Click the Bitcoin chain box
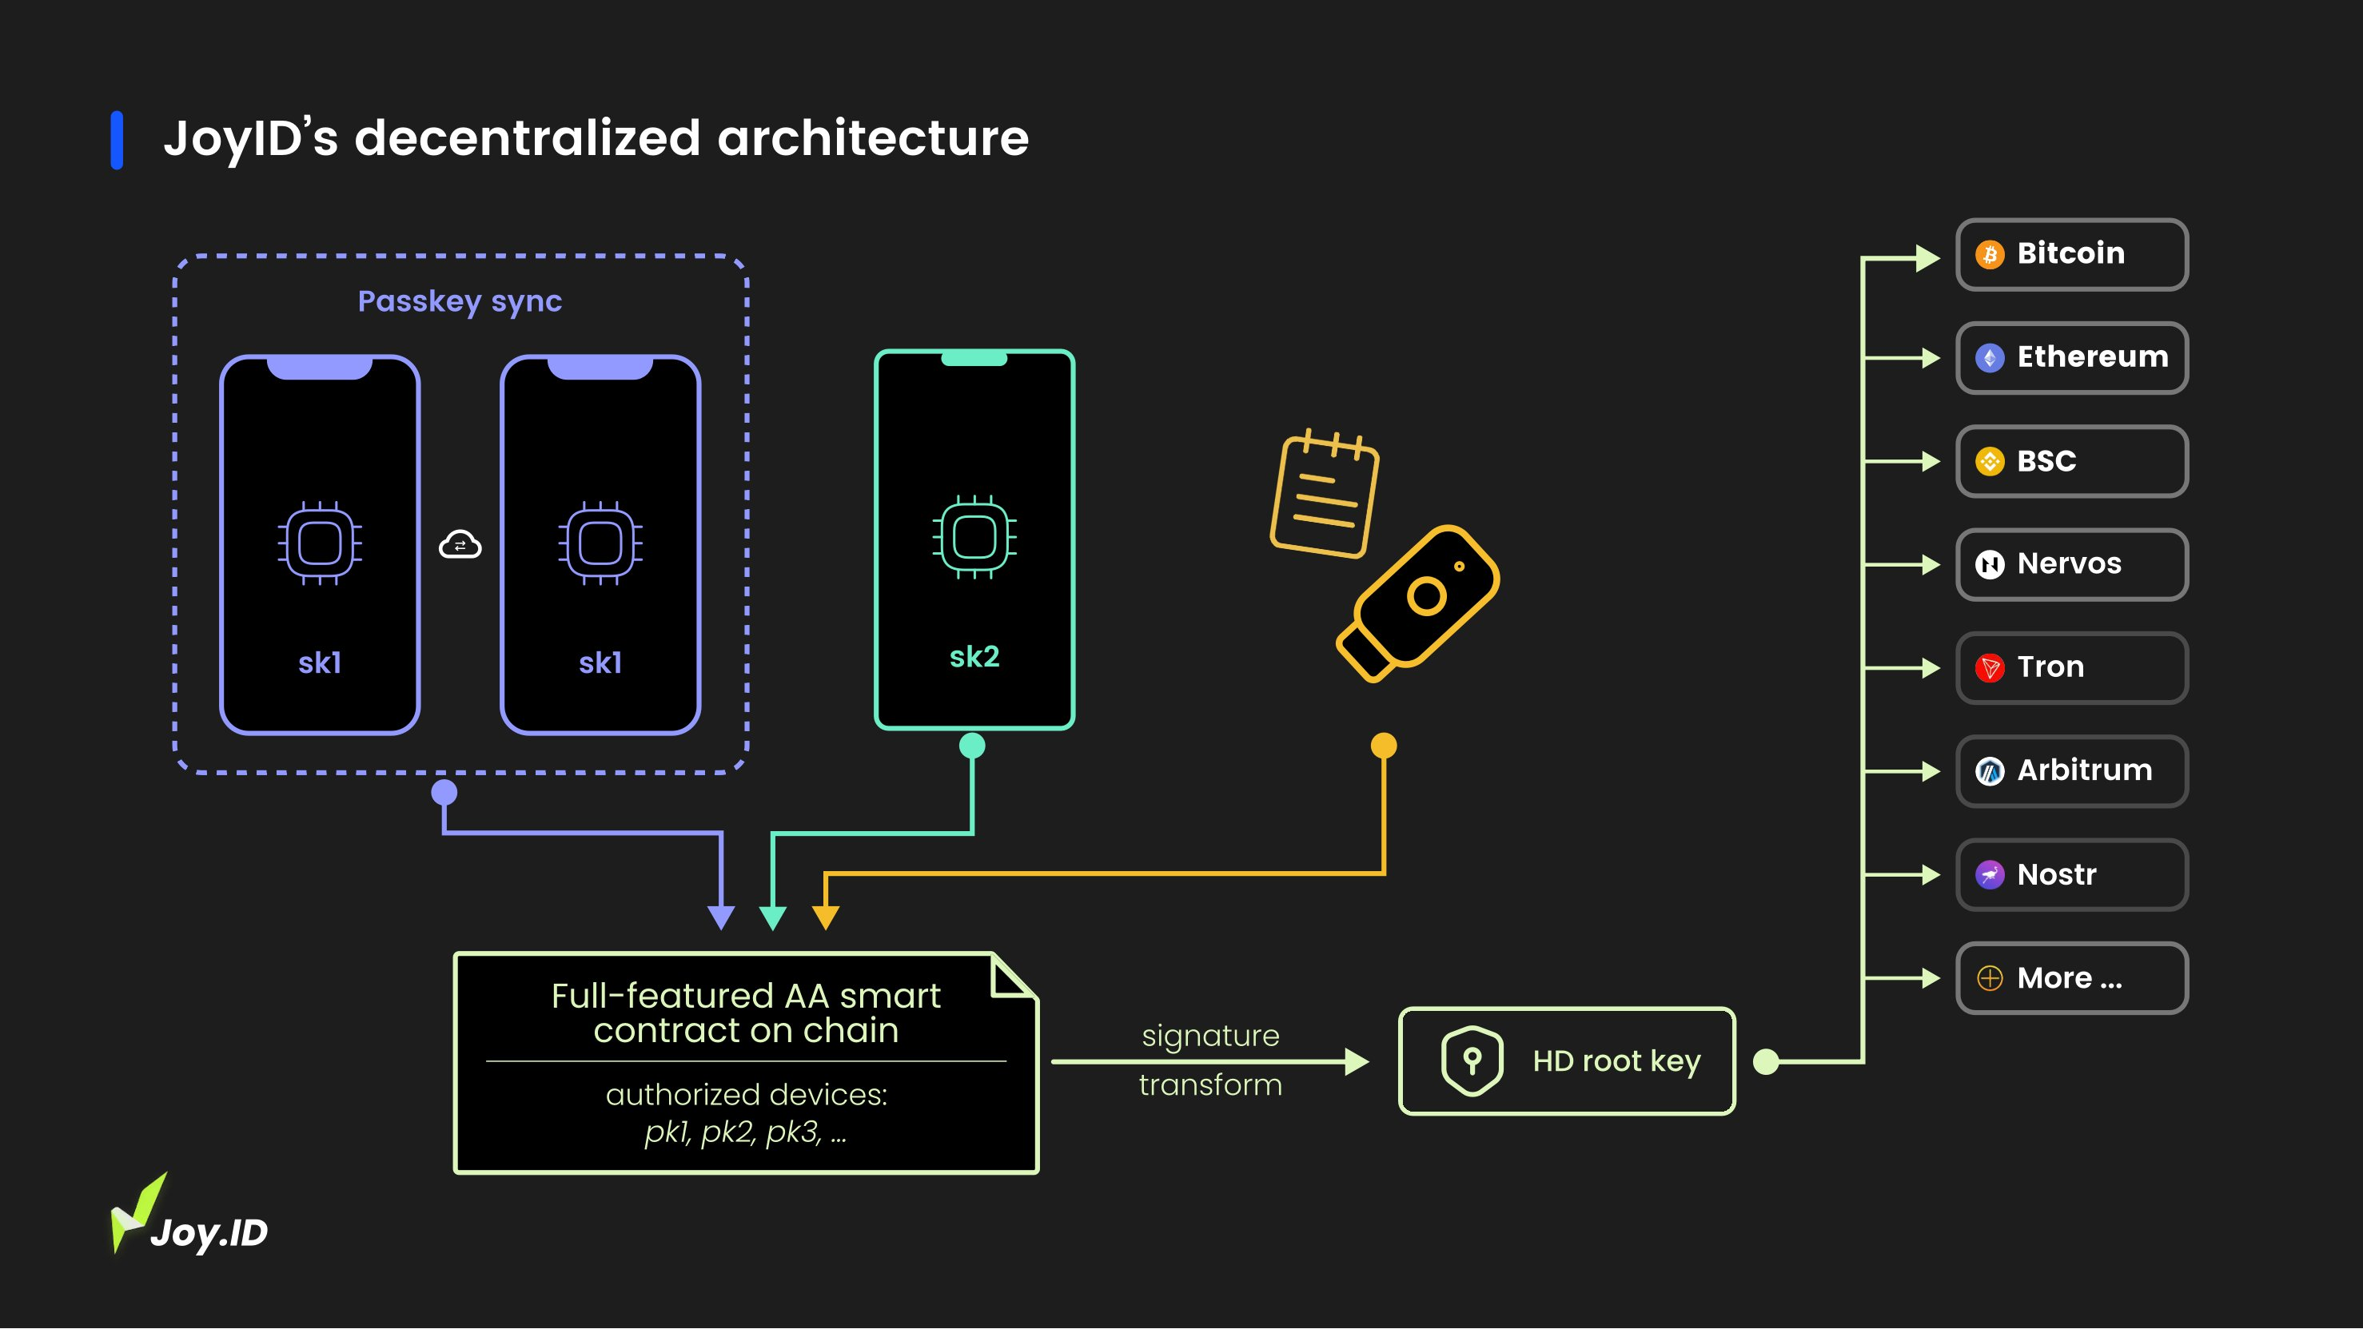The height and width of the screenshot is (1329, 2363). pos(2071,254)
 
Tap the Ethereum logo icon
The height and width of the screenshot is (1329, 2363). pos(1989,358)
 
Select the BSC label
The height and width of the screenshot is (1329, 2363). pos(2046,460)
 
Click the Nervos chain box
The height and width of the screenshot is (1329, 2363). pos(2071,564)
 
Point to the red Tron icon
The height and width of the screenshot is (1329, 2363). pos(1989,668)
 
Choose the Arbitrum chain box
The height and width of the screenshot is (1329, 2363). pos(2071,770)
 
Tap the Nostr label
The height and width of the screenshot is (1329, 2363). pos(2056,874)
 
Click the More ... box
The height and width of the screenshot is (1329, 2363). pos(2071,977)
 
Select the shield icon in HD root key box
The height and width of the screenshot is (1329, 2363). pos(1472,1060)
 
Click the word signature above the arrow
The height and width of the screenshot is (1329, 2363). pos(1210,1036)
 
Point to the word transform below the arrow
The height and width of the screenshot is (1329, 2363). pos(1210,1085)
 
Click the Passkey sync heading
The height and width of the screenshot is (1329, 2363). pos(460,300)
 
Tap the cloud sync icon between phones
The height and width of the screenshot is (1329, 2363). pos(460,545)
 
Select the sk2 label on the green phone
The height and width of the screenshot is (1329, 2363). pos(974,657)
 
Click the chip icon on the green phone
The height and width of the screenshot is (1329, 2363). pos(974,538)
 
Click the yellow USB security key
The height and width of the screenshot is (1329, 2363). pos(1417,602)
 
